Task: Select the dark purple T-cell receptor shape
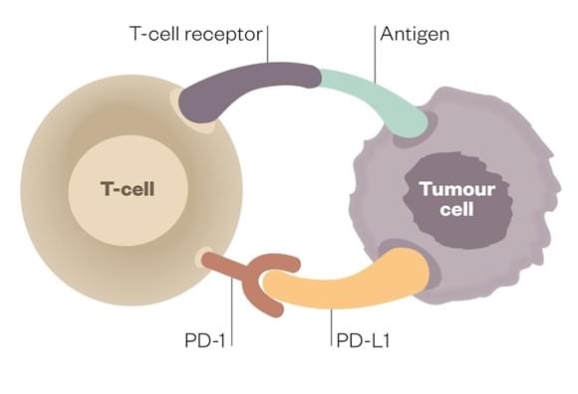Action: tap(249, 85)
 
